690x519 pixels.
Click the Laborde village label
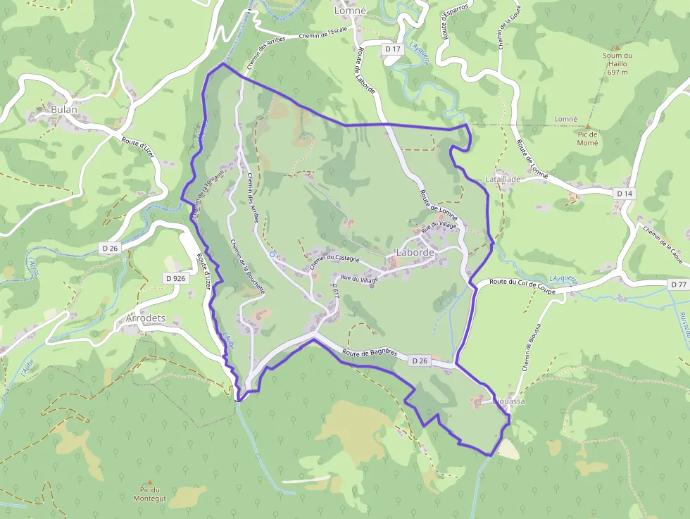[415, 252]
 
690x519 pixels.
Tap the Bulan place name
[63, 110]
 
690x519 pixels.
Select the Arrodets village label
[145, 318]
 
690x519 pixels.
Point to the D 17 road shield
[392, 49]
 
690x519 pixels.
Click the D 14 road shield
[625, 193]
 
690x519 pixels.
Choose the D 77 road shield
[678, 284]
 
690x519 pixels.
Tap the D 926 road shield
[176, 278]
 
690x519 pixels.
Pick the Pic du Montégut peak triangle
[150, 482]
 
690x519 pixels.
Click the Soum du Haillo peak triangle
[617, 47]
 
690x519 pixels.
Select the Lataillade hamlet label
[503, 180]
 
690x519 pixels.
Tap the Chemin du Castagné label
[334, 263]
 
